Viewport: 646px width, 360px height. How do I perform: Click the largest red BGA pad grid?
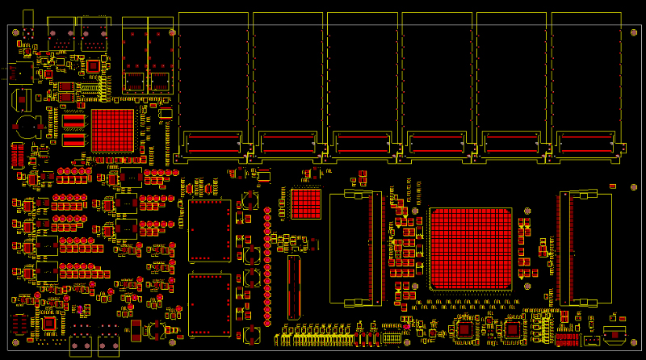[471, 248]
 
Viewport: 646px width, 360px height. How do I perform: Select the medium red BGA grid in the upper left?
[112, 130]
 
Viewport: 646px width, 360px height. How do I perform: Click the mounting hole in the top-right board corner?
[633, 33]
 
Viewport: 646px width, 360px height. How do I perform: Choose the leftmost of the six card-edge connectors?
[213, 144]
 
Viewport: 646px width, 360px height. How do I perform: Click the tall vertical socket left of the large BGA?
[355, 249]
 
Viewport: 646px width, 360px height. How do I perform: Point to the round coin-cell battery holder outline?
[27, 125]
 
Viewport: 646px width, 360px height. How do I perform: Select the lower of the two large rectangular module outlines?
[209, 305]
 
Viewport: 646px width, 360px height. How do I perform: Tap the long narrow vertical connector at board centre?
[294, 288]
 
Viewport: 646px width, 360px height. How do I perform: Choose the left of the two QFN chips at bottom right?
[466, 329]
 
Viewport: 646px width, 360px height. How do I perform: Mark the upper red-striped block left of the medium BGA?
[73, 121]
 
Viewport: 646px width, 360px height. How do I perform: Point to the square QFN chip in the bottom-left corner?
[49, 323]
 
